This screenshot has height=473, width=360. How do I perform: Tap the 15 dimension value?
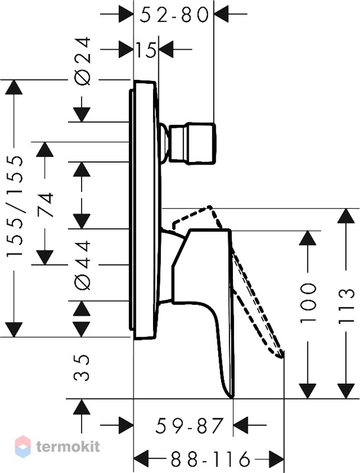coord(145,50)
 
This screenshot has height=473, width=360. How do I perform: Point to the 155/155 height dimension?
coord(14,206)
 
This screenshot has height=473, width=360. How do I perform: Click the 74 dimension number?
coord(46,205)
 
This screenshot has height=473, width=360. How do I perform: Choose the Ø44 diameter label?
coord(82,265)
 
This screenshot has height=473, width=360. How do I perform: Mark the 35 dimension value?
coord(82,367)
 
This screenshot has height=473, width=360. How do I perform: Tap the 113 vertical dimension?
coord(346,306)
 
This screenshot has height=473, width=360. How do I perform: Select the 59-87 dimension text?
coord(190,426)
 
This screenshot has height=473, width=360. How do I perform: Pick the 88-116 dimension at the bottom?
coord(209,460)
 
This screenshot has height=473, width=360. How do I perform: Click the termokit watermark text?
coord(68,446)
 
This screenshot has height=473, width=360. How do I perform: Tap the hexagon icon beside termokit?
coord(23,446)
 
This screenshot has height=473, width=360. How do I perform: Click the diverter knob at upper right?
coord(193,142)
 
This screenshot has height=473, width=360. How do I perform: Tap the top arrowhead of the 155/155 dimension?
coord(14,88)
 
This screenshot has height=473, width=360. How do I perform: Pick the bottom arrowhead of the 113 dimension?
coord(346,391)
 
